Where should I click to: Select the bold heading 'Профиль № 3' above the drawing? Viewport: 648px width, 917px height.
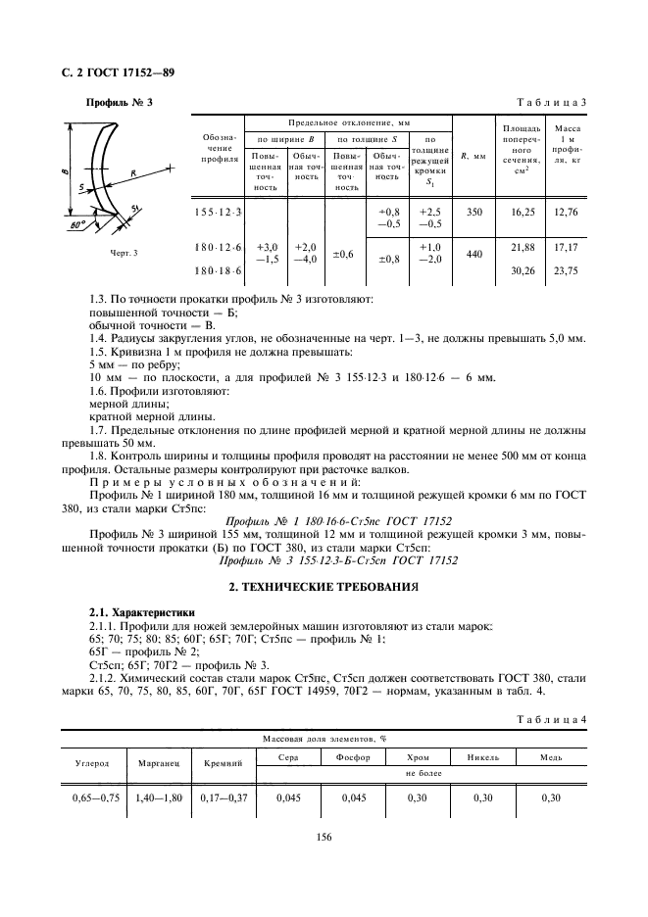pyautogui.click(x=120, y=103)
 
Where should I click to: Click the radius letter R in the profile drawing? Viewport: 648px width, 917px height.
pyautogui.click(x=131, y=171)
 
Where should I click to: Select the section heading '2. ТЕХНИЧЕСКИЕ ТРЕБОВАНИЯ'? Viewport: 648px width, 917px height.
pyautogui.click(x=324, y=586)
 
